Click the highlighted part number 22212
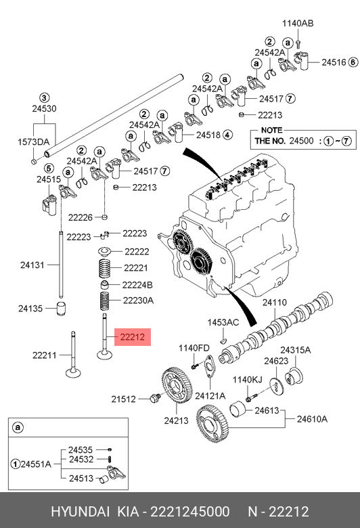(x=133, y=336)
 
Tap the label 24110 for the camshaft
(x=275, y=303)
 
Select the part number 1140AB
(x=298, y=23)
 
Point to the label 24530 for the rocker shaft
(x=45, y=108)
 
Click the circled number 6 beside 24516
(x=353, y=62)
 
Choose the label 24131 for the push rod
(x=32, y=265)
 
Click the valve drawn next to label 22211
(x=73, y=354)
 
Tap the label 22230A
(x=138, y=301)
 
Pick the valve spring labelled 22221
(x=105, y=268)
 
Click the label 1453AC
(x=223, y=322)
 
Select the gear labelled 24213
(x=177, y=385)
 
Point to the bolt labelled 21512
(x=154, y=398)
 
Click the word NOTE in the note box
(x=272, y=130)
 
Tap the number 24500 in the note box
(x=301, y=140)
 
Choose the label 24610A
(x=312, y=419)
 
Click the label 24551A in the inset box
(x=36, y=464)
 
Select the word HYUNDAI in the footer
(x=80, y=512)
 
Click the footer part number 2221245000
(x=190, y=512)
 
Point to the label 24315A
(x=296, y=350)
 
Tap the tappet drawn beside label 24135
(x=61, y=309)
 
